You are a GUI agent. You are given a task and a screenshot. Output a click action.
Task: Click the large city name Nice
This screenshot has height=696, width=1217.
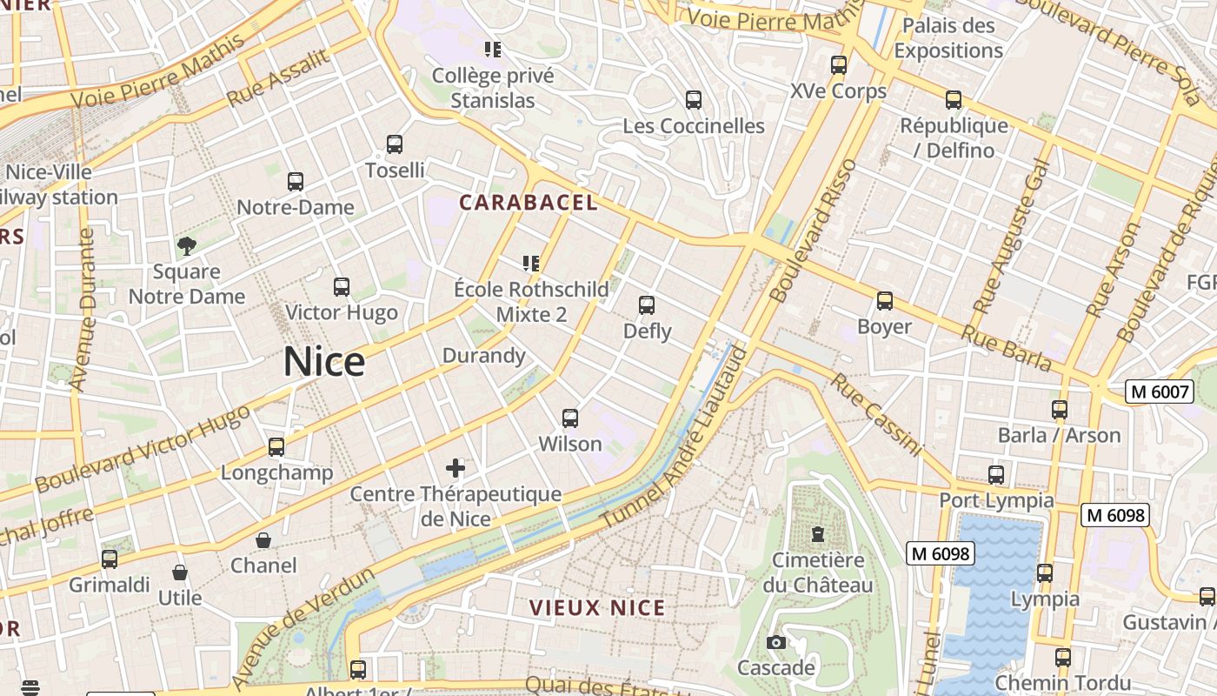[324, 362]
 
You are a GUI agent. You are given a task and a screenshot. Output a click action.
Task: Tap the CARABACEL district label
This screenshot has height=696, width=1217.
[529, 203]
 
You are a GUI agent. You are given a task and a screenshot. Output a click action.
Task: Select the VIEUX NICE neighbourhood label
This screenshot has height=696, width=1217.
[597, 608]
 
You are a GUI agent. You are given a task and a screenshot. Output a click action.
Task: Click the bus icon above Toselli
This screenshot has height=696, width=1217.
[395, 144]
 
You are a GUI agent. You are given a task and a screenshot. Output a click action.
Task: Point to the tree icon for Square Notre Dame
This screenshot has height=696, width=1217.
[187, 246]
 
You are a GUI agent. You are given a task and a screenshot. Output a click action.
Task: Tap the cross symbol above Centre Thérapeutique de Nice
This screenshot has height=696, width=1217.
[456, 469]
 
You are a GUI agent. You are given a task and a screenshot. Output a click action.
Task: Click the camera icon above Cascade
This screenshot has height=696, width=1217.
[776, 643]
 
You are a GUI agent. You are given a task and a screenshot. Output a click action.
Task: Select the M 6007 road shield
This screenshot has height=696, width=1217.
[1160, 391]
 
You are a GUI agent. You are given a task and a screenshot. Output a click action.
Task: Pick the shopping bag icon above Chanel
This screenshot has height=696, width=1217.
[263, 540]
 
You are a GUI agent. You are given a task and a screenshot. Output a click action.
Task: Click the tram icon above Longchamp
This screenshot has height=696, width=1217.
[276, 447]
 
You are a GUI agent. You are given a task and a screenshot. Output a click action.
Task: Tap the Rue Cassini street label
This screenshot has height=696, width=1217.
[875, 414]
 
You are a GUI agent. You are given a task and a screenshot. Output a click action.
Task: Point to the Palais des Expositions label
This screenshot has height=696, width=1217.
[948, 38]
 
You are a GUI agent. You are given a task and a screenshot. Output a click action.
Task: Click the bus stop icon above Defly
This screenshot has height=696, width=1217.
[647, 305]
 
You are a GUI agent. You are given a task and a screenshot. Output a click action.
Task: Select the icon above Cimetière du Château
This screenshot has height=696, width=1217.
[817, 534]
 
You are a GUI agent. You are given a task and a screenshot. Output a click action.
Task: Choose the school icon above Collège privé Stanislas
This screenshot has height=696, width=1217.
[494, 50]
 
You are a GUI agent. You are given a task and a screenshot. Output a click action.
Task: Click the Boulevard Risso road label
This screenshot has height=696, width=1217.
[813, 231]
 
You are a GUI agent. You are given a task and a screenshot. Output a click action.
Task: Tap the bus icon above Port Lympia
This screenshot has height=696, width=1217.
[996, 475]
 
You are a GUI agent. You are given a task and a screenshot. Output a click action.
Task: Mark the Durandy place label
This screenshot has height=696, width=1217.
[484, 356]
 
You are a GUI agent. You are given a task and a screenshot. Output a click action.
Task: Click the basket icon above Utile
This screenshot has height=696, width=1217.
[180, 572]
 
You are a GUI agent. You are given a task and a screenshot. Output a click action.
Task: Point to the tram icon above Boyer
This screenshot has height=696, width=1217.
[885, 301]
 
